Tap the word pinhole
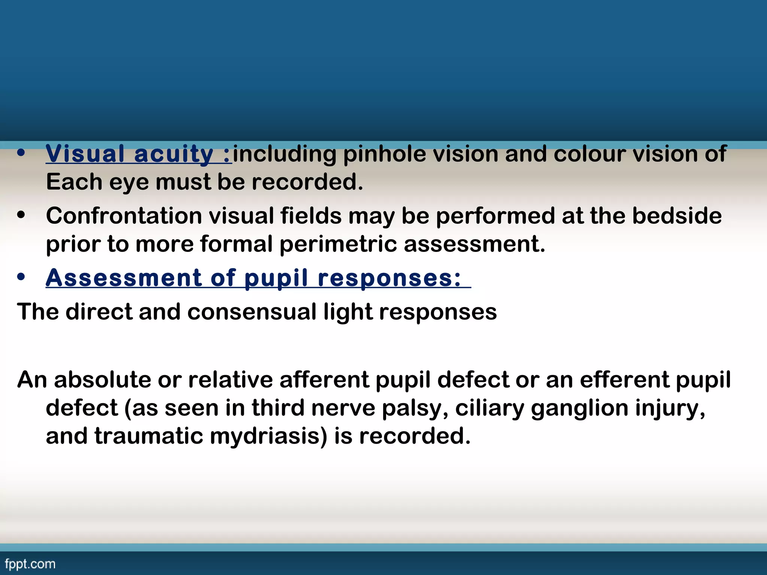click(384, 154)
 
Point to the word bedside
click(677, 216)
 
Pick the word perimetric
click(338, 244)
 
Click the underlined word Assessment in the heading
click(124, 278)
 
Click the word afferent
click(324, 380)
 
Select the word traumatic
click(148, 436)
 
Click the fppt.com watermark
click(30, 564)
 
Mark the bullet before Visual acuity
click(21, 153)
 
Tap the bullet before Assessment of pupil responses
click(21, 277)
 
